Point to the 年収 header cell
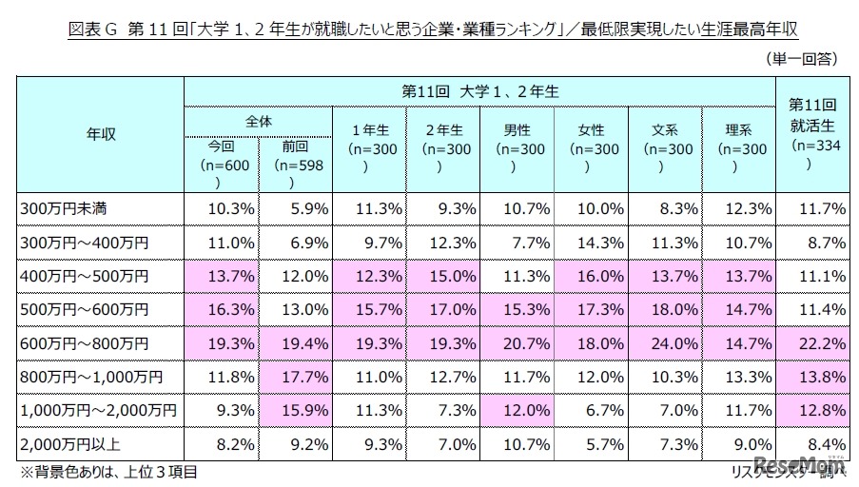coord(101,134)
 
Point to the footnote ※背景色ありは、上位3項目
coord(108,471)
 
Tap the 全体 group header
coord(258,123)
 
